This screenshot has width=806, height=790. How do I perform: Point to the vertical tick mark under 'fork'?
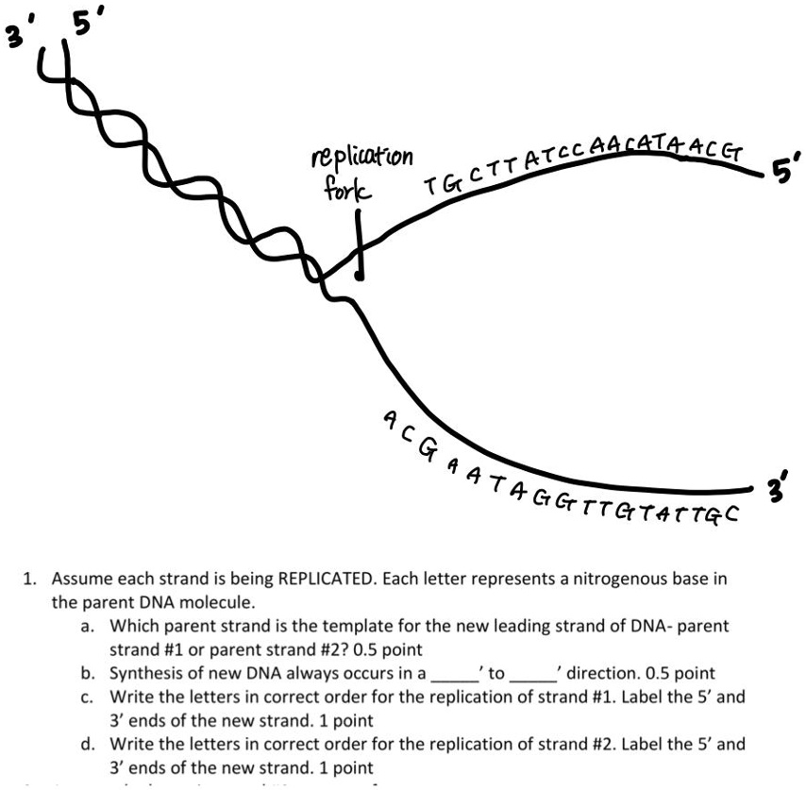358,244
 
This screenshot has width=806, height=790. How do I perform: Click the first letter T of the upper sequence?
432,185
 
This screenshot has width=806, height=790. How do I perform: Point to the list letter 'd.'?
88,744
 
